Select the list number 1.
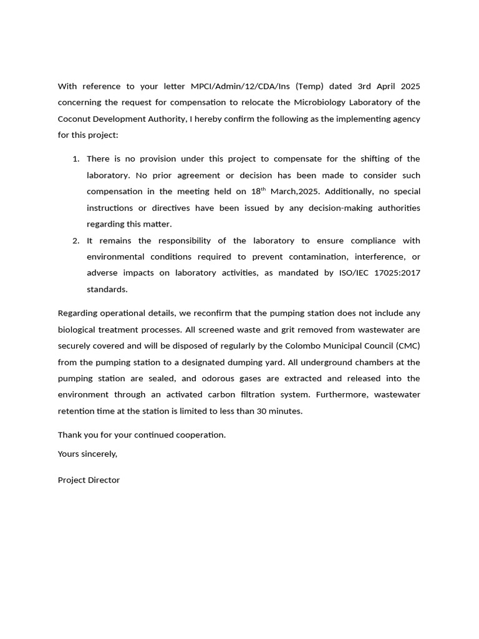coord(75,159)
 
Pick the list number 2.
coord(75,241)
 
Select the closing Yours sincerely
coord(87,454)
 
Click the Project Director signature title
coord(89,480)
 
